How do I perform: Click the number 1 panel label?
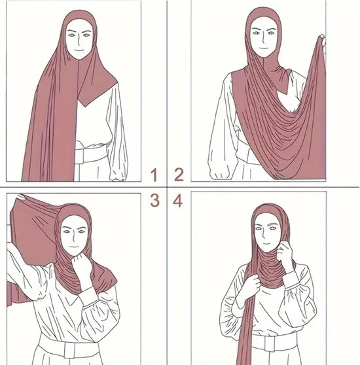[154, 175]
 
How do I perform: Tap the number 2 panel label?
[177, 175]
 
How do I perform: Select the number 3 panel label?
[154, 200]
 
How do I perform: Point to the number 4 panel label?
[177, 200]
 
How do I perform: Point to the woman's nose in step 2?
[262, 44]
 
